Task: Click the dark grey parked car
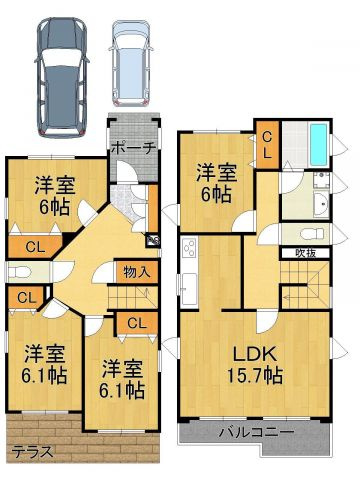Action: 62,78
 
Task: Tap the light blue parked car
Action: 131,63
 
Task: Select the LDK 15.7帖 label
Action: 255,365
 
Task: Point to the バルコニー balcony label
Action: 257,433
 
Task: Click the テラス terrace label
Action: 33,452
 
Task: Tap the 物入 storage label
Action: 136,272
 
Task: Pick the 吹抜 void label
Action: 306,253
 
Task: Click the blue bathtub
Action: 319,144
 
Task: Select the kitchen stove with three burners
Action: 189,248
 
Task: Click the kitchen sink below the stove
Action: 189,289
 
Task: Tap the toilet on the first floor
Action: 20,272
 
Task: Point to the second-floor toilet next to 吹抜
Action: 312,234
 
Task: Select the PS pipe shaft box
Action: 152,240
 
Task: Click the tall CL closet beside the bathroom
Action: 267,144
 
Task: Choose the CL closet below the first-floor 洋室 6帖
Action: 35,247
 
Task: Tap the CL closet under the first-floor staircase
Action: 136,323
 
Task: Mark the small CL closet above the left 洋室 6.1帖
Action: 26,298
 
